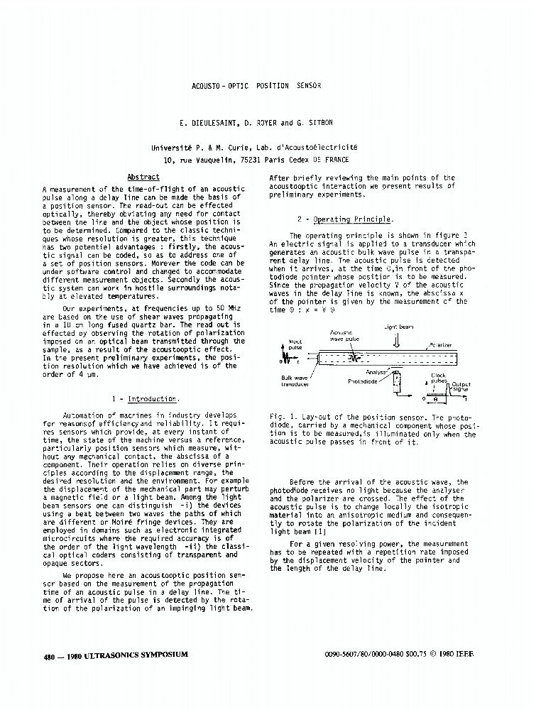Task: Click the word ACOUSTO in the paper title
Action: [x=206, y=86]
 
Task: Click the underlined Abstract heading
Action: [x=143, y=177]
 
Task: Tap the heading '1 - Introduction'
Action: [x=146, y=399]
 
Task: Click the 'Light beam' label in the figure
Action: [x=398, y=327]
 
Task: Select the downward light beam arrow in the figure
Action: [x=396, y=342]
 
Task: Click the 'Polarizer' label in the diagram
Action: [x=440, y=345]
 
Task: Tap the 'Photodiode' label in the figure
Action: [x=363, y=381]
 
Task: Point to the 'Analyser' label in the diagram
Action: [x=376, y=371]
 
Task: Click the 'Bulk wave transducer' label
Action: [x=295, y=381]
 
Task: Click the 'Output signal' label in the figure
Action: [x=461, y=387]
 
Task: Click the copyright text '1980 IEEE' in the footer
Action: [x=455, y=654]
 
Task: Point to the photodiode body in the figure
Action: [x=395, y=378]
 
